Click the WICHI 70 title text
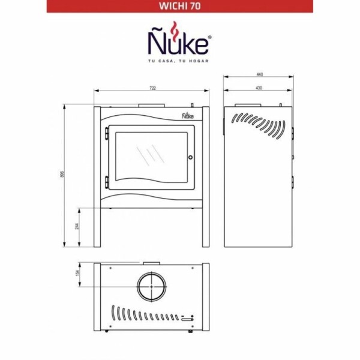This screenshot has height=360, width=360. click(180, 6)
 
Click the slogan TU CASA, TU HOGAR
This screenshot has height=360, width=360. click(178, 61)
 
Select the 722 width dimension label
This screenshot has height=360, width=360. click(152, 88)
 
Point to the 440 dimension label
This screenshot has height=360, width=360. click(260, 74)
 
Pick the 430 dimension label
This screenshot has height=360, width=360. click(259, 88)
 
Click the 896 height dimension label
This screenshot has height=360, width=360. click(61, 174)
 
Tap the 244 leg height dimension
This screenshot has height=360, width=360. click(77, 226)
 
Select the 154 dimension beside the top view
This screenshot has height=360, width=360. click(77, 273)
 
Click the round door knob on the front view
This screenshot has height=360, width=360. click(190, 157)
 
